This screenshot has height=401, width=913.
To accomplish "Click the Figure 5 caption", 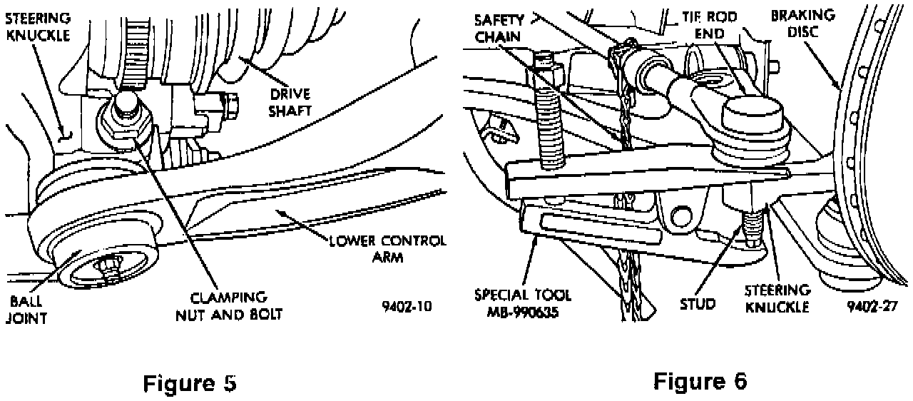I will coord(190,383).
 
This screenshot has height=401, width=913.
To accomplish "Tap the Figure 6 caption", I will coord(700,381).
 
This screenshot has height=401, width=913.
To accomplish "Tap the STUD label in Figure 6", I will coord(698,304).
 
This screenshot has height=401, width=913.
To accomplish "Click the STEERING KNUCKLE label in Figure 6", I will coord(777,298).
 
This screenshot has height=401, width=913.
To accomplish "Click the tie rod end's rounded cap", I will coord(753,114).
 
